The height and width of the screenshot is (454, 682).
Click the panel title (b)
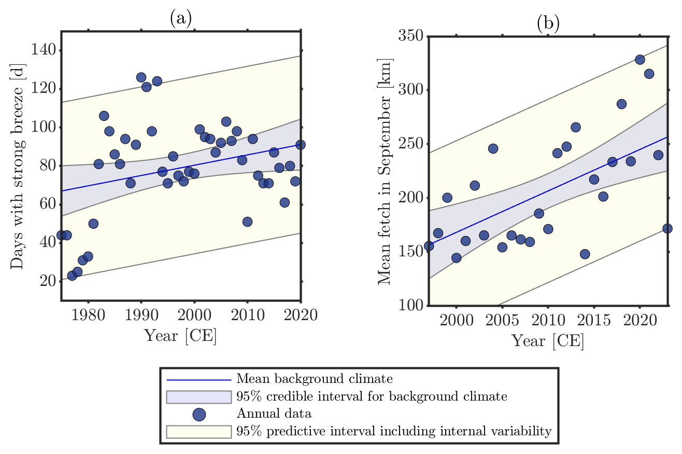point(548,24)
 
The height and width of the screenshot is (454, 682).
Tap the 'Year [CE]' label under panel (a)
point(180,336)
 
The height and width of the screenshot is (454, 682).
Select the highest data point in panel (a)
point(141,77)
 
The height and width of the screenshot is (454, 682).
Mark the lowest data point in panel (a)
point(72,276)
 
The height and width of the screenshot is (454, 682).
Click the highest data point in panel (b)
point(640,60)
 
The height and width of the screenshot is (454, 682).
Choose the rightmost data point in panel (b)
point(667,228)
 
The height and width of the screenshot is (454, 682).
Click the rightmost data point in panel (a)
point(301,145)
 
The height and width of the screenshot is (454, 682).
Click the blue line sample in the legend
point(198,379)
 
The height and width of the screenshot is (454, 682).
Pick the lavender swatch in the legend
point(198,397)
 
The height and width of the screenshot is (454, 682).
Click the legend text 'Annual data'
point(267,414)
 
